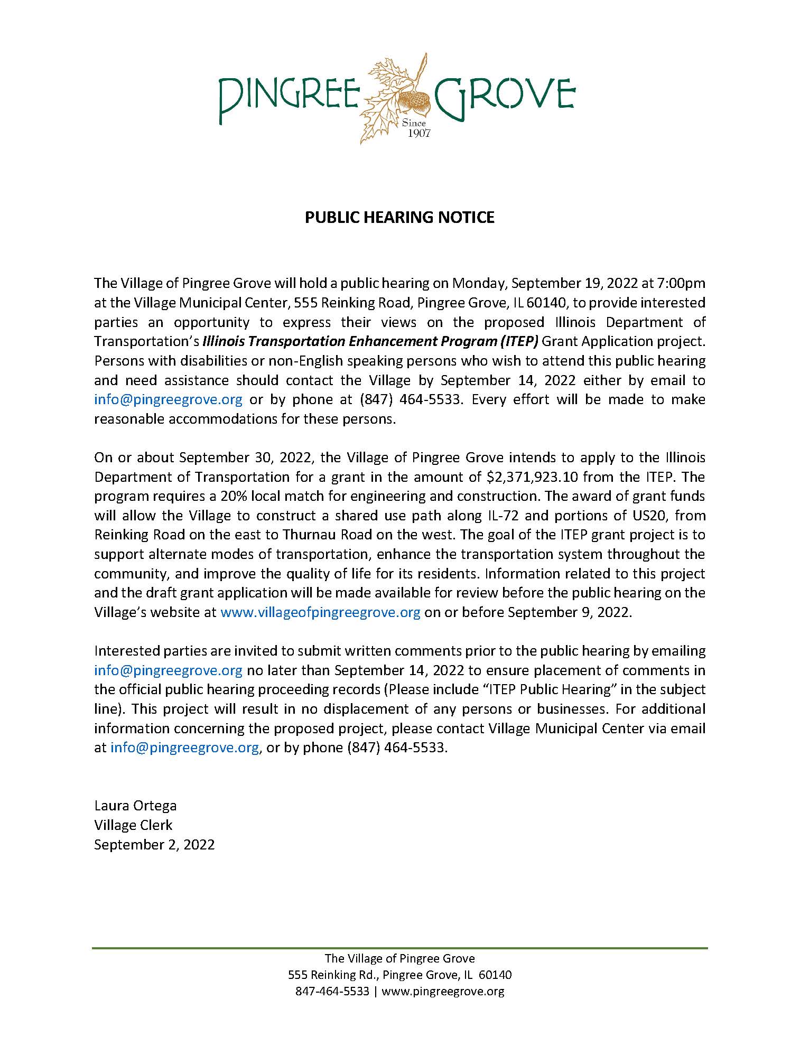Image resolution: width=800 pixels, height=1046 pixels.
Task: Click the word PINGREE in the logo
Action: point(289,97)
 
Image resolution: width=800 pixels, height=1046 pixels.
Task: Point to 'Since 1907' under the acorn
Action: point(416,128)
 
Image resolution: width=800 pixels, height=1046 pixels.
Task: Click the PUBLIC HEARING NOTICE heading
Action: point(399,217)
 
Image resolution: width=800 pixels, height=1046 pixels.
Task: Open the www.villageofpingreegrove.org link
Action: point(320,612)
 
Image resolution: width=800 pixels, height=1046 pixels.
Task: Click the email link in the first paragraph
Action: point(168,399)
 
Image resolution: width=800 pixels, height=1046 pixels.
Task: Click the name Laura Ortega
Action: point(135,806)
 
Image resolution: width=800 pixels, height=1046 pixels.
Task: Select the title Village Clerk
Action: point(133,825)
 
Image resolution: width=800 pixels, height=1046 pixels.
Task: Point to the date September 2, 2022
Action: point(154,844)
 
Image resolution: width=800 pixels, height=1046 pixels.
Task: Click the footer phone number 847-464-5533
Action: point(332,991)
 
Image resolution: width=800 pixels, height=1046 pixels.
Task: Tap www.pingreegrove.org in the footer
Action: point(442,991)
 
